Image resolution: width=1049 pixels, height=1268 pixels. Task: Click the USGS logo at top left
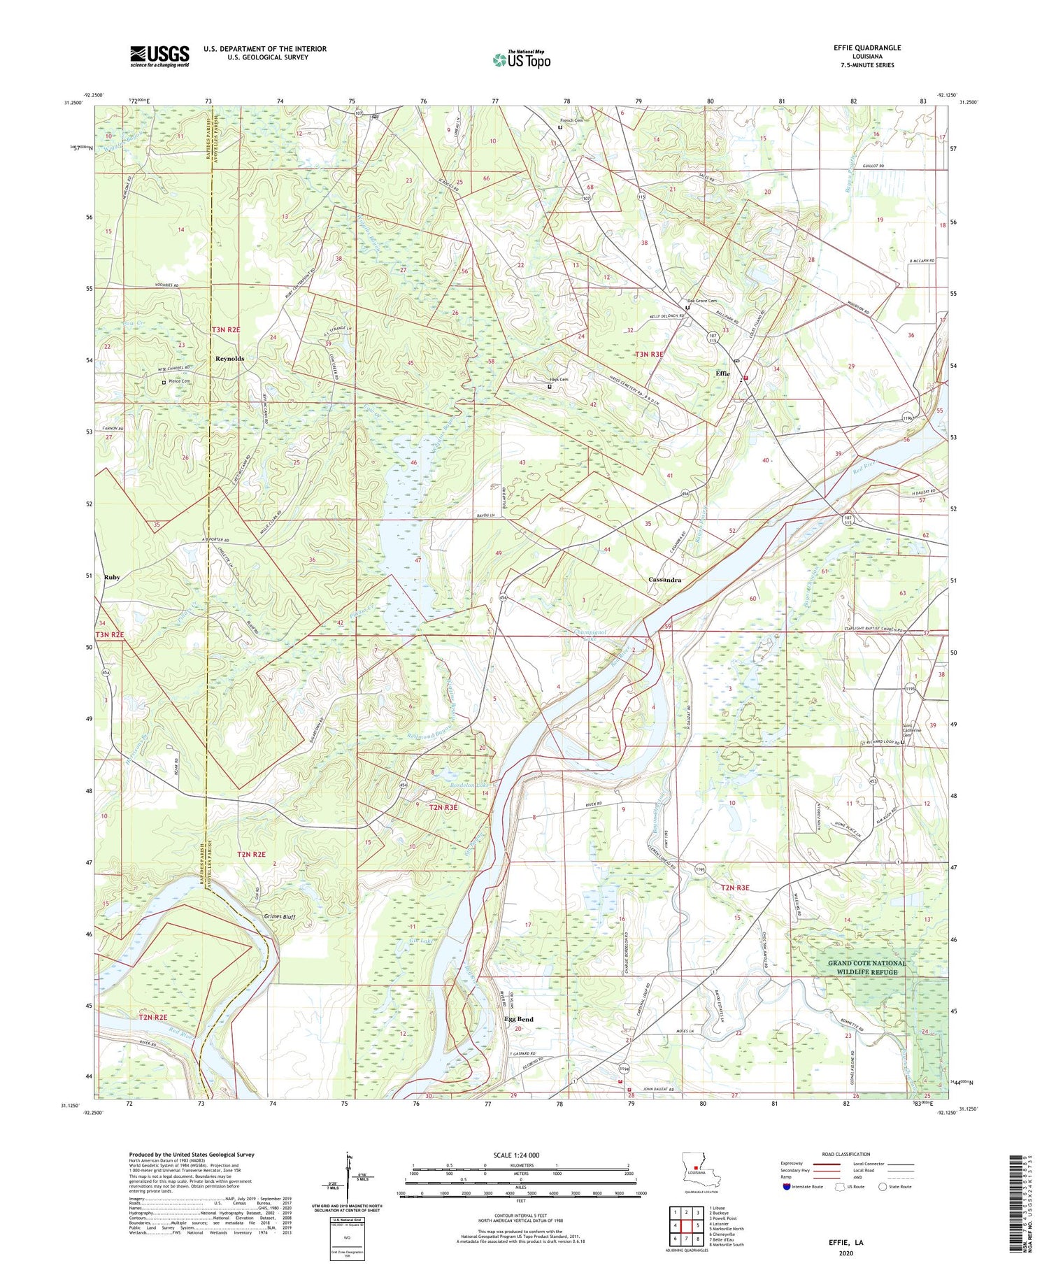click(159, 56)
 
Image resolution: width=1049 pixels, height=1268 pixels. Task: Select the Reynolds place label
click(229, 358)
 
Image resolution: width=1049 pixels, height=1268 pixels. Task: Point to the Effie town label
click(722, 373)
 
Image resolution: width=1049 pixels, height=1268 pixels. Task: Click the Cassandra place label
click(664, 580)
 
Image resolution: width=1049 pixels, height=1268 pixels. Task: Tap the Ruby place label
click(112, 577)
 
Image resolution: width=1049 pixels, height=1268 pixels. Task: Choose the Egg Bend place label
click(519, 1019)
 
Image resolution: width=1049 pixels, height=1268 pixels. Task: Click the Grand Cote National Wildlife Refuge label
click(866, 967)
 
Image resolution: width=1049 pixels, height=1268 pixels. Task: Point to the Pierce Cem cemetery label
click(179, 381)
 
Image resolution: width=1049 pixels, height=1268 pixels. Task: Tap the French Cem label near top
click(571, 120)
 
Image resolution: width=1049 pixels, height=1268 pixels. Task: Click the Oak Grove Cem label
click(702, 301)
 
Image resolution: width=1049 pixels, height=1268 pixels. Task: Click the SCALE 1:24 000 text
click(522, 1155)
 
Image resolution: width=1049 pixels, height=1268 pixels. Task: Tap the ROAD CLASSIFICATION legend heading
click(846, 1154)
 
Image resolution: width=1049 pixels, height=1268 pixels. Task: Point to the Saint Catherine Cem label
click(909, 729)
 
